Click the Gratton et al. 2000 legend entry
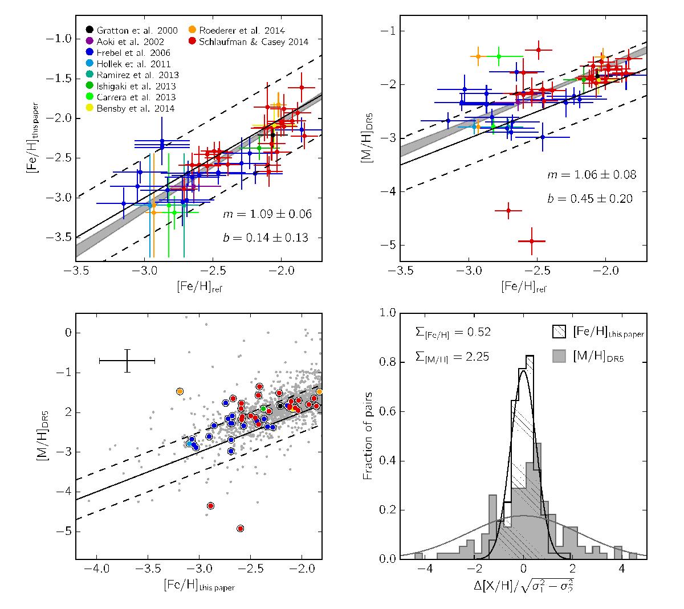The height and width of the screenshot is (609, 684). click(132, 30)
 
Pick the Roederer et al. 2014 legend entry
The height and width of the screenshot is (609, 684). click(242, 30)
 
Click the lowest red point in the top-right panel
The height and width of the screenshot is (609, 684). click(532, 241)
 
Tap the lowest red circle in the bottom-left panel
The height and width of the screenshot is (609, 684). click(240, 529)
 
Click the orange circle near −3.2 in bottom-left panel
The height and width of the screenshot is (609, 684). click(180, 391)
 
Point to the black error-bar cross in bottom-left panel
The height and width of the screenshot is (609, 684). click(127, 361)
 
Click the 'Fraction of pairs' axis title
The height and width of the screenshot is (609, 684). click(369, 436)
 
